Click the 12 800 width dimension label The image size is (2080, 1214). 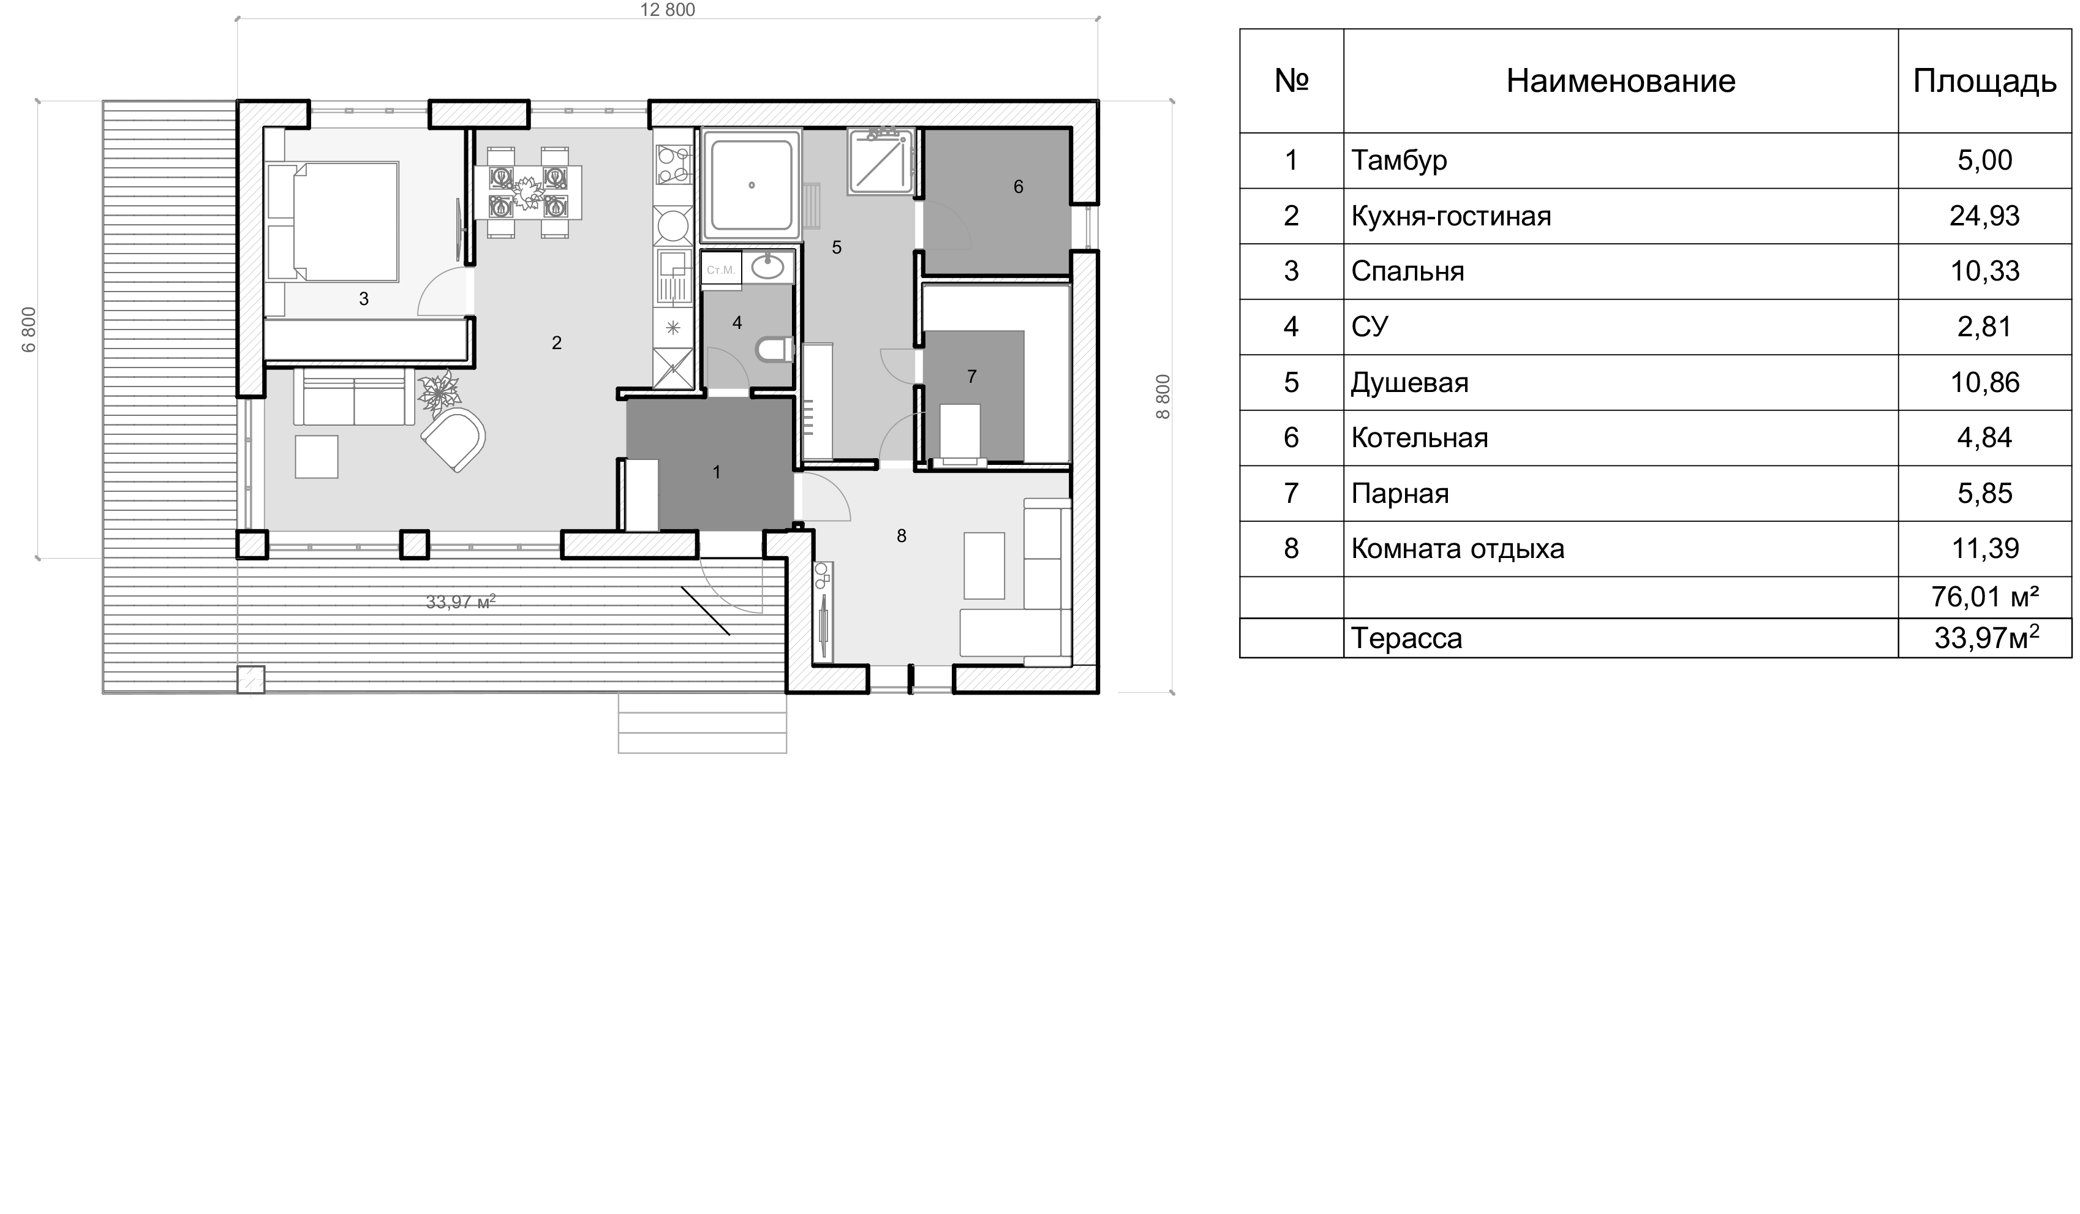click(x=668, y=10)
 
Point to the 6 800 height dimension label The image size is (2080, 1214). click(x=30, y=330)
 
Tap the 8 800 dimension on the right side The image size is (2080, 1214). click(x=1163, y=397)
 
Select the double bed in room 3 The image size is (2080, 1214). click(x=333, y=222)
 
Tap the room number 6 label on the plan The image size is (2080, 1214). click(x=1018, y=187)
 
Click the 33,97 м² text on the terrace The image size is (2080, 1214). click(x=461, y=601)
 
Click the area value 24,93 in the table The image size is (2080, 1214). click(x=1984, y=216)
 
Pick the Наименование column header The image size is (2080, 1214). click(x=1620, y=81)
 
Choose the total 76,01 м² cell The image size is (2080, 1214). click(x=1984, y=596)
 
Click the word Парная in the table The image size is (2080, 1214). click(x=1400, y=494)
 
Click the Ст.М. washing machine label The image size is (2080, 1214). click(x=720, y=270)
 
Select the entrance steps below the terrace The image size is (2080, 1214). click(x=703, y=723)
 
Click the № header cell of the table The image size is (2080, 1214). click(x=1291, y=81)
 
